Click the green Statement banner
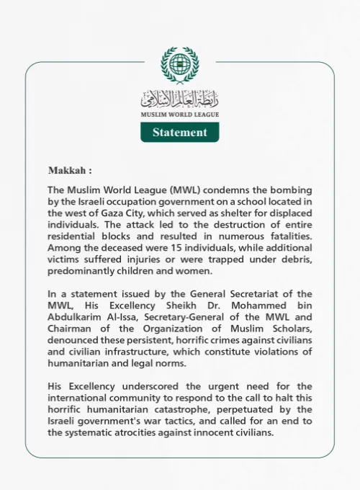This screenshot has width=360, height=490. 179,132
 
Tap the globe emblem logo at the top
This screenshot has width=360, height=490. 179,66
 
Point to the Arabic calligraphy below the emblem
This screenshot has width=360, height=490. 179,99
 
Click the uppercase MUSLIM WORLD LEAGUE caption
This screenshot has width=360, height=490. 179,114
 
